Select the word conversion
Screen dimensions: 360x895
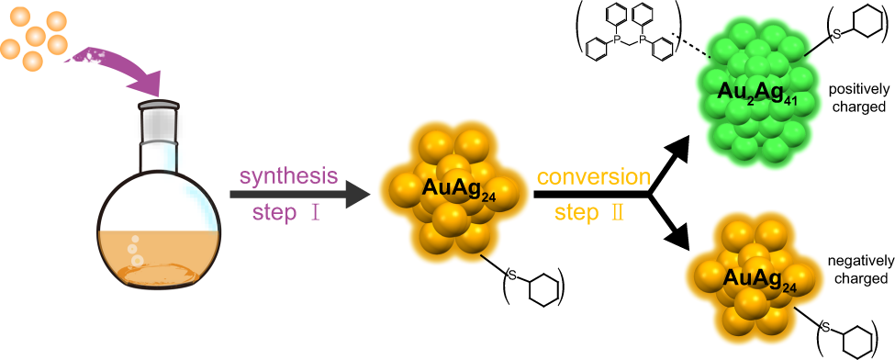[594, 175]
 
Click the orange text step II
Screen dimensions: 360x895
[591, 213]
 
